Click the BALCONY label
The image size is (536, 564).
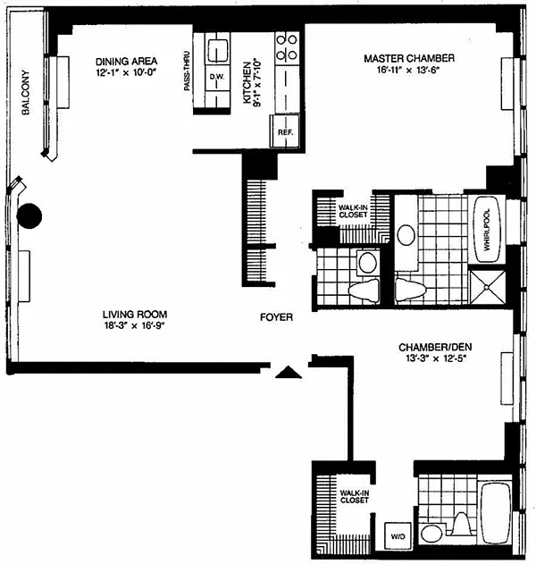(x=26, y=92)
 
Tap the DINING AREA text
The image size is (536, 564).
(x=127, y=61)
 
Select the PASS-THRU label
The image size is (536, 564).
(x=187, y=71)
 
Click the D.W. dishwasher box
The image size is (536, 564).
(x=217, y=78)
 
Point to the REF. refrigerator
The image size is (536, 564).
(x=285, y=130)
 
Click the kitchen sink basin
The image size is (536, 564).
(x=217, y=50)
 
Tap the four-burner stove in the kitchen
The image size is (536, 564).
(x=287, y=47)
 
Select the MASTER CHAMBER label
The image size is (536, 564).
(x=409, y=58)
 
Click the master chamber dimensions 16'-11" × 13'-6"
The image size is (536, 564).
(x=409, y=70)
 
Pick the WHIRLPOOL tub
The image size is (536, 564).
(x=487, y=230)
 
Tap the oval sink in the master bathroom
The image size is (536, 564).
(x=406, y=235)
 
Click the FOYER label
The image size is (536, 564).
(x=276, y=317)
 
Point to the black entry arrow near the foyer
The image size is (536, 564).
(x=289, y=373)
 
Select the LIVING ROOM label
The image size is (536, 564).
(x=135, y=315)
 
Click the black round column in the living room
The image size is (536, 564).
(x=29, y=215)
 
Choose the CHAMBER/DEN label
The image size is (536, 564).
(x=435, y=348)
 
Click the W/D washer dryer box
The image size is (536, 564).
(x=398, y=536)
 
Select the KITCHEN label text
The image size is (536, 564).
(x=247, y=83)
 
